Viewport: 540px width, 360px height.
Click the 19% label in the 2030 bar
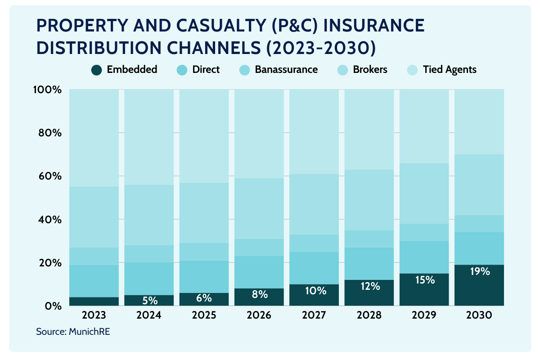coord(479,272)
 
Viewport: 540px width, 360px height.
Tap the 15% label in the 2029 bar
coord(424,280)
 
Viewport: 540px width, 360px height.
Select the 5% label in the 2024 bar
coord(149,300)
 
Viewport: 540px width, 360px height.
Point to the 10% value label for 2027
coord(314,291)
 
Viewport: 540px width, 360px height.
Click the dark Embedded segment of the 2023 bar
coord(94,301)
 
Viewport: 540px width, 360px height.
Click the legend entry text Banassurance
coord(286,70)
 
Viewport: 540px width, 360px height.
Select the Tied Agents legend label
coord(450,70)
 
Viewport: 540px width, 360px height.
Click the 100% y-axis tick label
coord(47,90)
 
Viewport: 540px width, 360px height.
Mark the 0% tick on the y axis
coord(53,306)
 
